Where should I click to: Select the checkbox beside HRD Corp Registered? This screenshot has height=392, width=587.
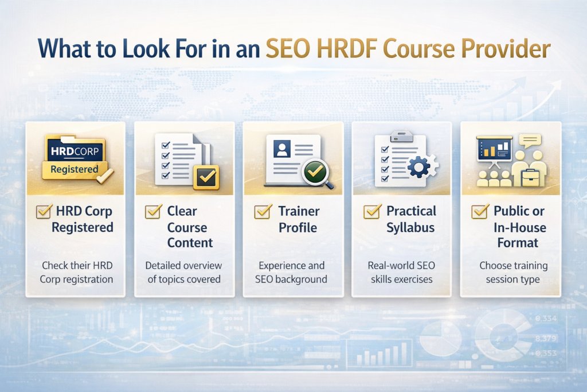pos(44,212)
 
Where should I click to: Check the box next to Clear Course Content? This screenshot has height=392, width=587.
pos(153,212)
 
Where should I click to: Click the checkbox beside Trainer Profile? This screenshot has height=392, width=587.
pos(263,212)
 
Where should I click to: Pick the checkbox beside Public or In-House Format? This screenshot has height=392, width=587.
pos(480,212)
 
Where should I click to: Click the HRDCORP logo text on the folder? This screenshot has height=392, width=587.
pos(75,152)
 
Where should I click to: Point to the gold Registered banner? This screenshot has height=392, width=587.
pos(75,169)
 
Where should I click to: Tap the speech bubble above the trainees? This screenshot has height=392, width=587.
pos(531,141)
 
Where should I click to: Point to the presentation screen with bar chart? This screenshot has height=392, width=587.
pos(494,149)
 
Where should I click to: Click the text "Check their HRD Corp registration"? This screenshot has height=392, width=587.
pos(76,273)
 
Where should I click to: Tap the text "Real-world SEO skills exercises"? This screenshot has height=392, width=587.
pos(402,273)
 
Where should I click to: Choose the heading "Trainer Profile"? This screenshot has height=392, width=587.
pos(298,219)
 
